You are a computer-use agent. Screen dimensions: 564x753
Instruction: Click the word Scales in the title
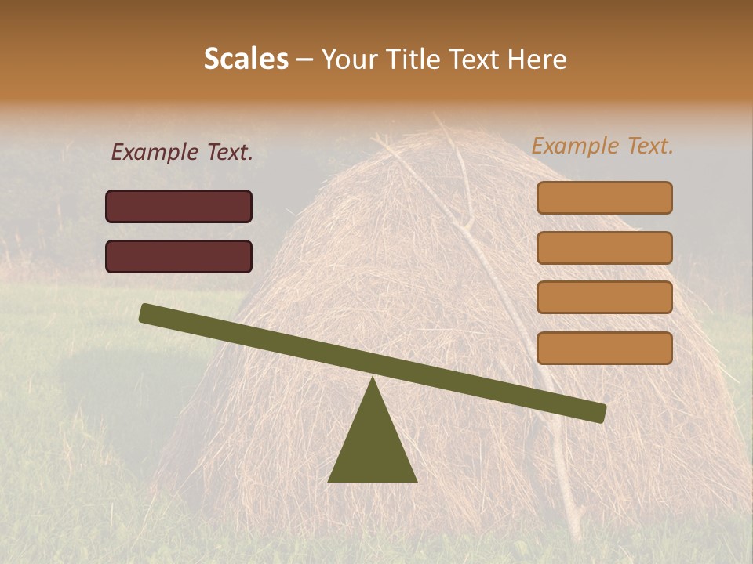[246, 60]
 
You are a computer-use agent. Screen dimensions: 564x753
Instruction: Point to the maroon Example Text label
[182, 153]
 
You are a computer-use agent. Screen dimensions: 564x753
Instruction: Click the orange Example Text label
[602, 146]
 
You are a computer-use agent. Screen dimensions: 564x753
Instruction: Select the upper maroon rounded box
[179, 206]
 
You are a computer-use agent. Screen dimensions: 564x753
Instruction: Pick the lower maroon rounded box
[179, 256]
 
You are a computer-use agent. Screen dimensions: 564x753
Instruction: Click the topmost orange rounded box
[604, 197]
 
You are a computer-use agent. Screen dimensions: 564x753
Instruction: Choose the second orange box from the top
[604, 248]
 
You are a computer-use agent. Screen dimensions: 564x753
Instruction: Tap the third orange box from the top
[604, 298]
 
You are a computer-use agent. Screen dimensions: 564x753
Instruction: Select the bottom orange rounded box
[604, 348]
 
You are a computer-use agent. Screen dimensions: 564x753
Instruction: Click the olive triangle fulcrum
[373, 446]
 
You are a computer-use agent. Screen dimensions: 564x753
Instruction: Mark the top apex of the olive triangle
[373, 381]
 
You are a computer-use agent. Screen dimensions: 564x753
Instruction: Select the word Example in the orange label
[575, 146]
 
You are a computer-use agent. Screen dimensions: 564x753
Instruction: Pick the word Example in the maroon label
[155, 153]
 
